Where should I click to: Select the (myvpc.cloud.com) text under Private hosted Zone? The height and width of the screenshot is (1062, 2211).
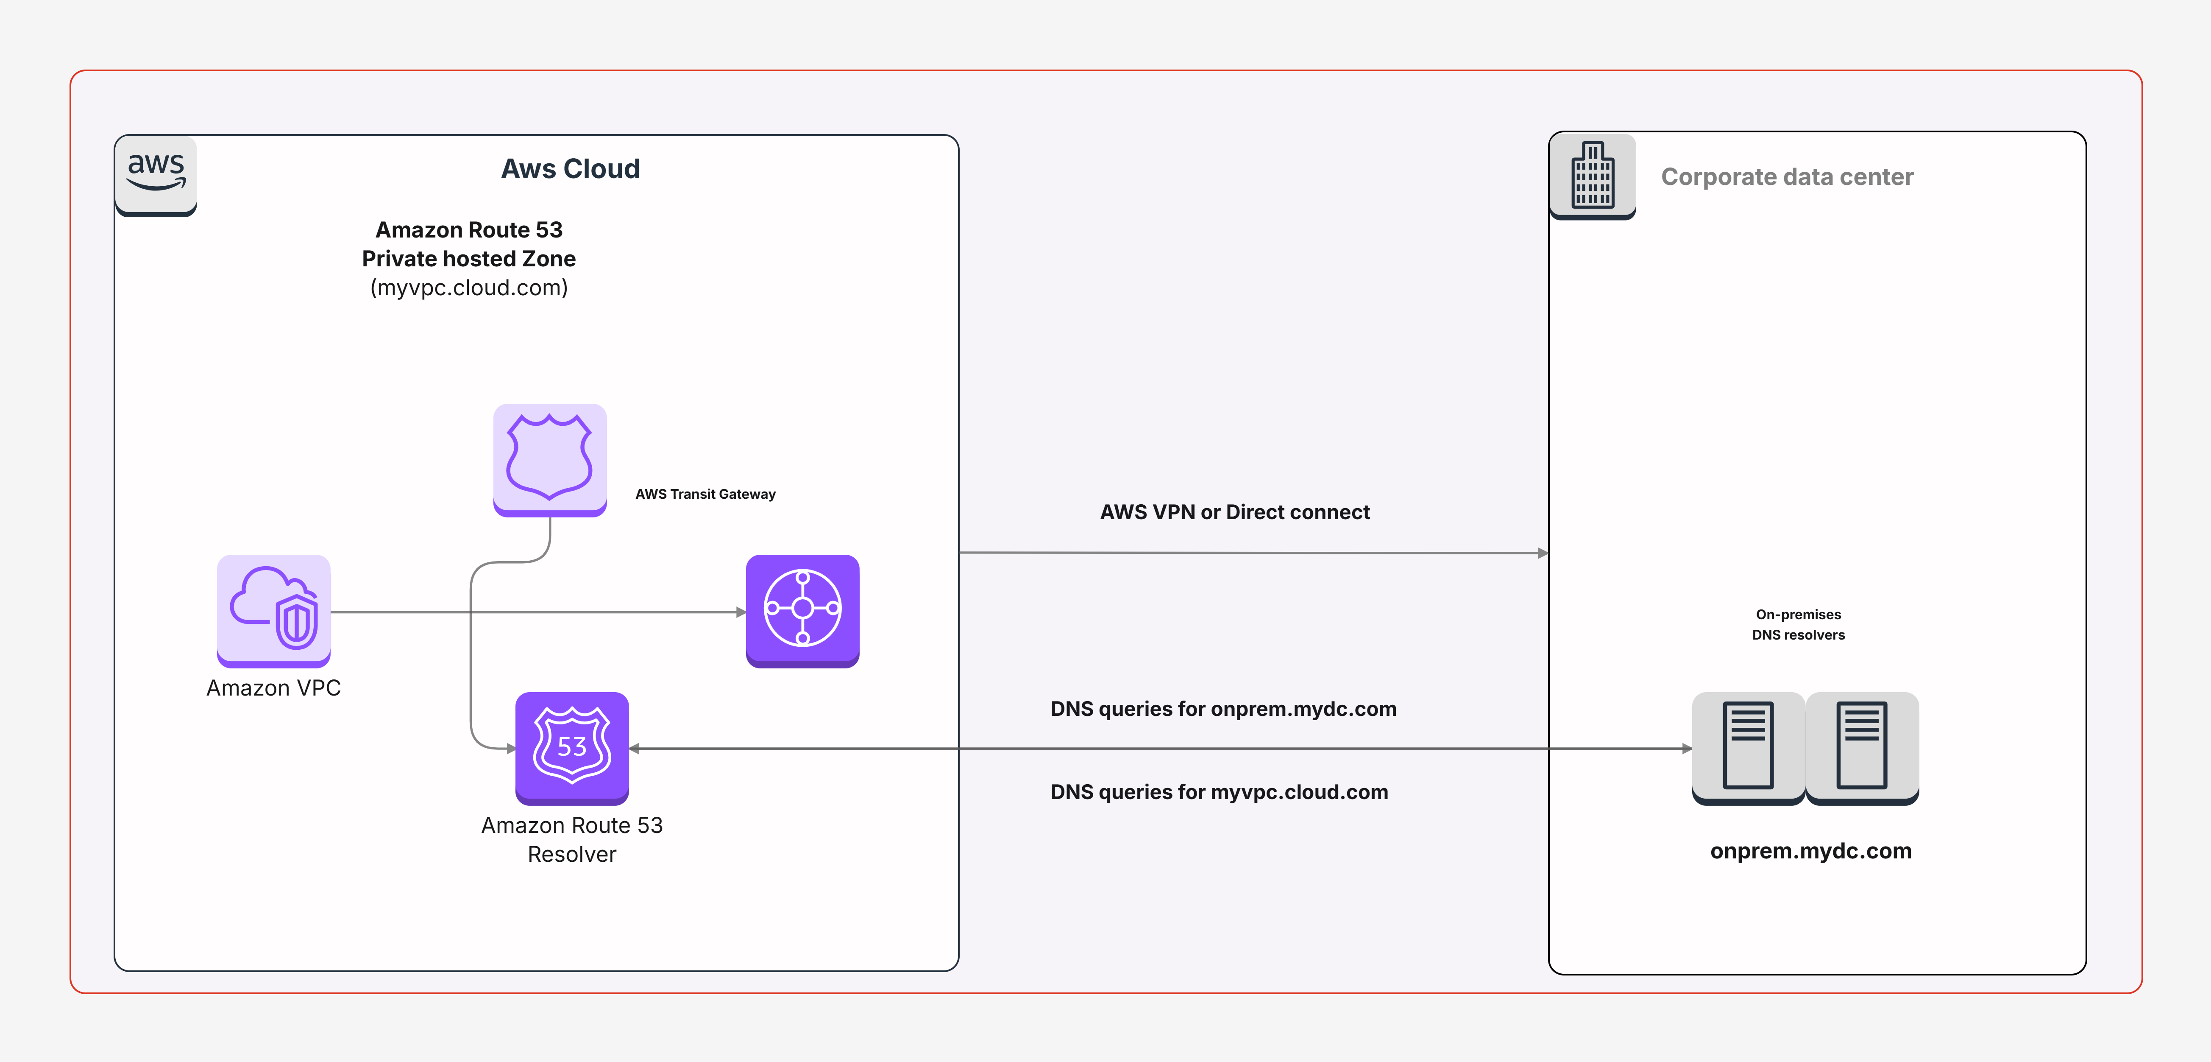469,288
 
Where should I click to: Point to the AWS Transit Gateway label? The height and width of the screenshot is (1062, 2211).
705,494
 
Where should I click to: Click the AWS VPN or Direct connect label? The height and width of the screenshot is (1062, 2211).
1235,512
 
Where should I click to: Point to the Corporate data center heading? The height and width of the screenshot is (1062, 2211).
1787,177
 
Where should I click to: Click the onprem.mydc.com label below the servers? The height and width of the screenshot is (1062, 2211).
1811,851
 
